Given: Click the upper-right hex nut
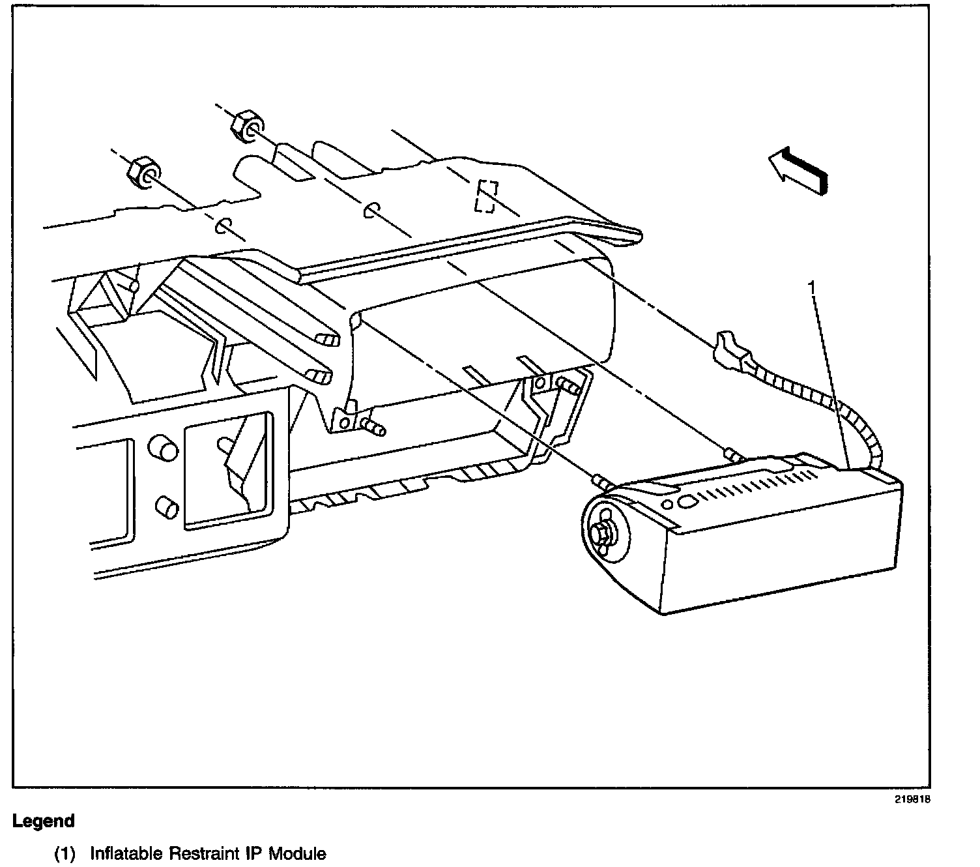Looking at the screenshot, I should coord(246,124).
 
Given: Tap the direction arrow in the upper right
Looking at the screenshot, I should coord(798,170).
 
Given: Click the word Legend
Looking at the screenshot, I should coord(44,821).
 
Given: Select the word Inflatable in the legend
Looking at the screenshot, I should coord(126,853).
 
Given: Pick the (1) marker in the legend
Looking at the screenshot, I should coord(65,853).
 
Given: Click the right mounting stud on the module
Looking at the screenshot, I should coord(732,454).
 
